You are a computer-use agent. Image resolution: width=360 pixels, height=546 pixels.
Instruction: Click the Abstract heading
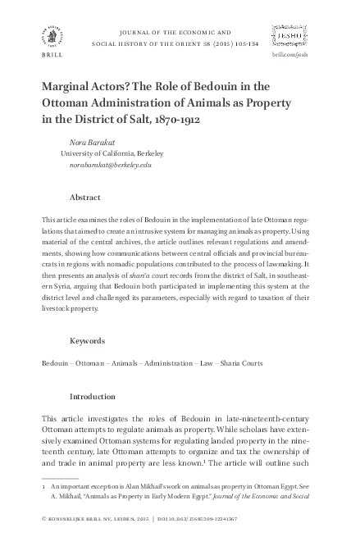pyautogui.click(x=85, y=198)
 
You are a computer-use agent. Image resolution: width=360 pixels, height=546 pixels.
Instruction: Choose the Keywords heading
pyautogui.click(x=88, y=339)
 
